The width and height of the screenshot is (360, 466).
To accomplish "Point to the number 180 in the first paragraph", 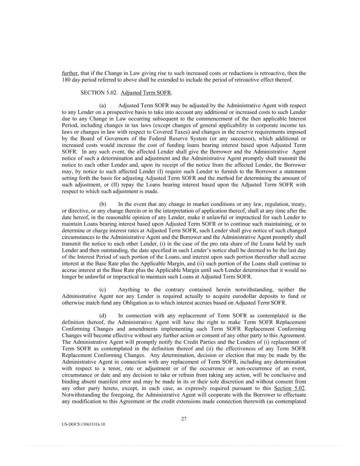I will (66, 80).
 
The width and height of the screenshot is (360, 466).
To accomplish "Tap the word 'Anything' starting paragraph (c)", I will (129, 290).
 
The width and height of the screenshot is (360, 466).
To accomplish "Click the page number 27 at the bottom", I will (184, 419).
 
